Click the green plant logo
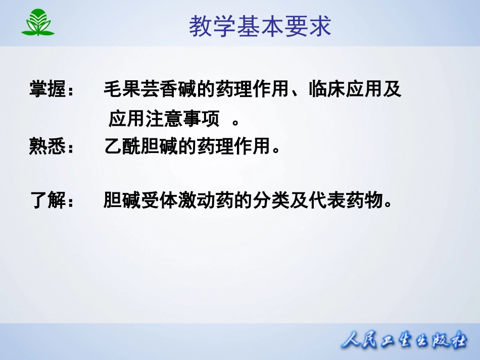(38, 22)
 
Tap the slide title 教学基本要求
(260, 26)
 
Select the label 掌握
(47, 89)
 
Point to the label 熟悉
(47, 146)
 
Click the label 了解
(47, 200)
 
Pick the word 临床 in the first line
(327, 89)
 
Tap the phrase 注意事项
(182, 118)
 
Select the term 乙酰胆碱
(141, 146)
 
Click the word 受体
(160, 200)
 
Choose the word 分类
(271, 200)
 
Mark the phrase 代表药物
(346, 200)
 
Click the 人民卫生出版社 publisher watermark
(404, 340)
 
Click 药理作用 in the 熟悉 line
(233, 146)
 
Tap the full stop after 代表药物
(388, 203)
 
